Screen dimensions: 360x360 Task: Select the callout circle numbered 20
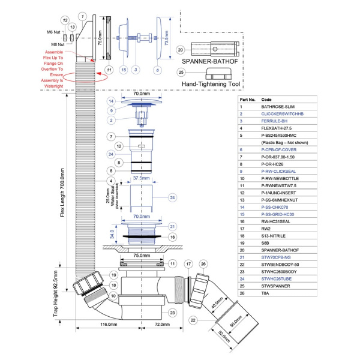[181, 50]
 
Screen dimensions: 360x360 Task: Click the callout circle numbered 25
[181, 73]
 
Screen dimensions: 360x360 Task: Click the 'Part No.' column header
[248, 100]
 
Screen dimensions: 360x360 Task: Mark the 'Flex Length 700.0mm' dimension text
[63, 181]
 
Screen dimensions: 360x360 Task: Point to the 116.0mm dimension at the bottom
[109, 325]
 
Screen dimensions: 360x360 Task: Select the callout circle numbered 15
[124, 70]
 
